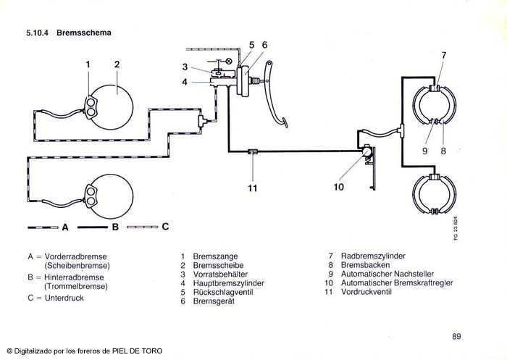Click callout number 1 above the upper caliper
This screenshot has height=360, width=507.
click(x=88, y=64)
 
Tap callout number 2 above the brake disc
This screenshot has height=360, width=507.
click(x=116, y=64)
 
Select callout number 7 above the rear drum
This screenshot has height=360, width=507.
click(x=443, y=55)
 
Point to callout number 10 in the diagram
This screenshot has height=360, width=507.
click(x=338, y=187)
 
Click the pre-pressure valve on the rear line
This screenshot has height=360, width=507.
click(x=252, y=151)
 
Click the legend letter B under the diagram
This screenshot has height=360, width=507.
click(x=114, y=227)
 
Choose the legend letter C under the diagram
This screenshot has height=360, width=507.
click(x=165, y=227)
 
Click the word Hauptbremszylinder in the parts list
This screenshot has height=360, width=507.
click(x=228, y=283)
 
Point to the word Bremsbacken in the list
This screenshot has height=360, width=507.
click(x=364, y=265)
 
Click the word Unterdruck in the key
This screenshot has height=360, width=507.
click(x=64, y=298)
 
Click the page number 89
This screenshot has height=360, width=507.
click(x=456, y=335)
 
